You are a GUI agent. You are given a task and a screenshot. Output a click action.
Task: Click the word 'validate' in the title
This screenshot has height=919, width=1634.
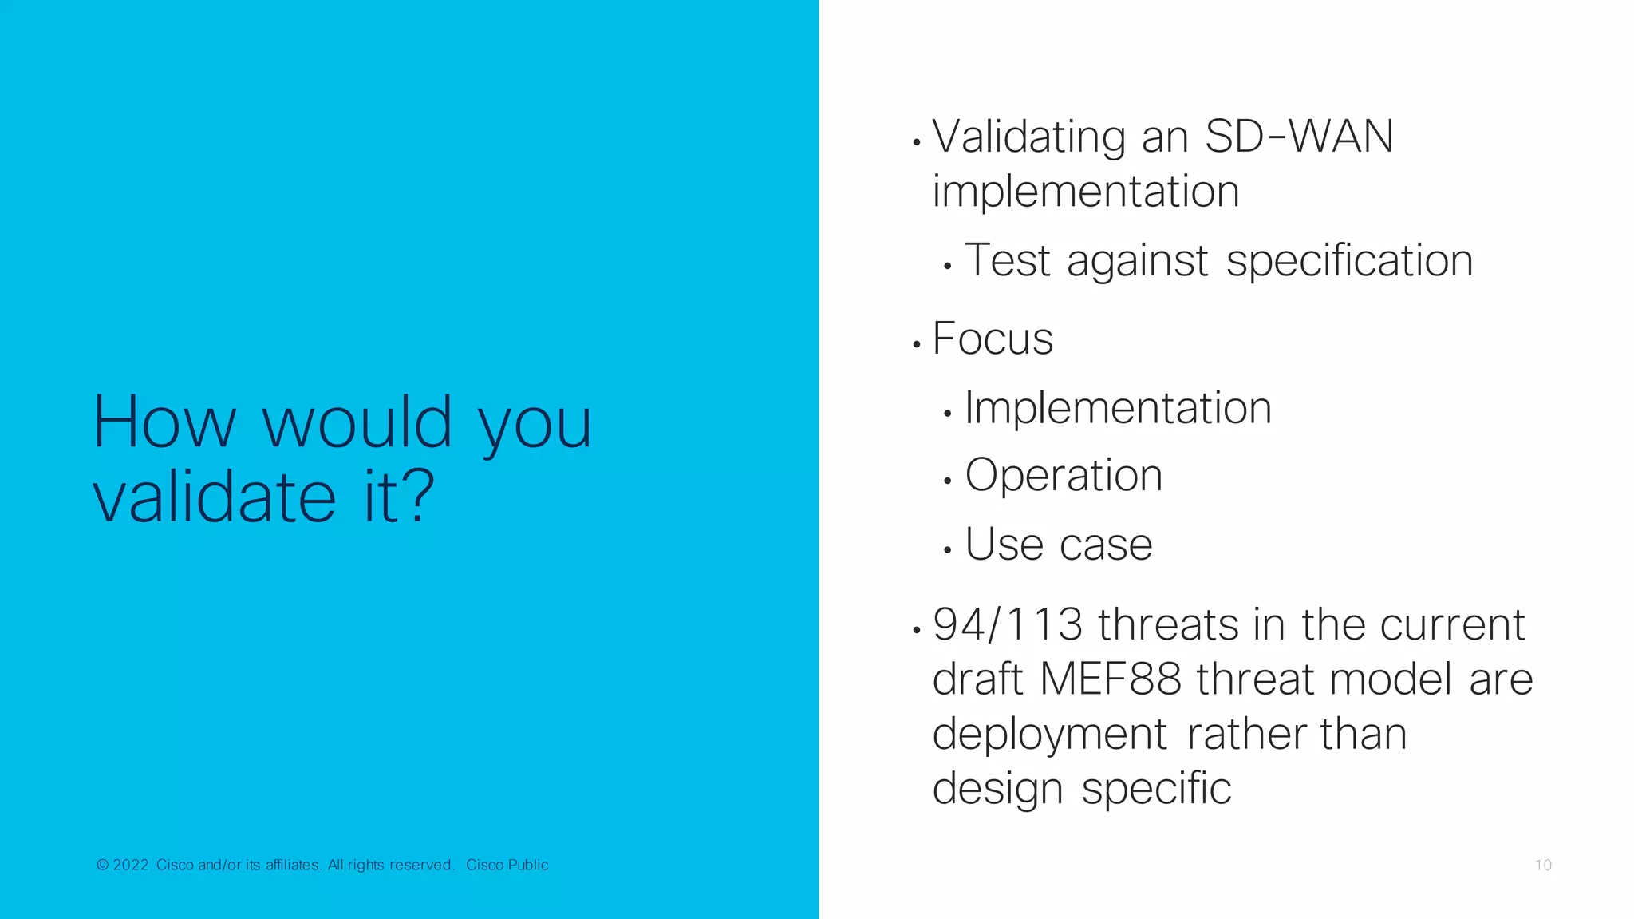(x=214, y=497)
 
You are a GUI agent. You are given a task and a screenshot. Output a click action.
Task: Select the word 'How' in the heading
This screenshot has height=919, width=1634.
(x=164, y=422)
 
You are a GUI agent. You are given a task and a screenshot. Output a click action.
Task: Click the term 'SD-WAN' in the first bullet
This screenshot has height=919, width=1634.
(x=1299, y=137)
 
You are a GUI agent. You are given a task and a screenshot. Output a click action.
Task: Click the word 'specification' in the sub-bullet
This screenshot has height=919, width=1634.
(x=1349, y=261)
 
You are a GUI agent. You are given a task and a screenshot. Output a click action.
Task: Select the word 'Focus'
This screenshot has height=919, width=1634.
(x=993, y=339)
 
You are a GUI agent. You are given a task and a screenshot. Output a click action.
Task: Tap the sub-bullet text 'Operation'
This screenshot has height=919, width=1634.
(x=1064, y=476)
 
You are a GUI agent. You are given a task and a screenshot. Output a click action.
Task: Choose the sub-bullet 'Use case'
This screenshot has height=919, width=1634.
(x=1059, y=545)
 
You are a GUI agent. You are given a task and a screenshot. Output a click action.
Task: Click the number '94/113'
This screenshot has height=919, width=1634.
(x=1008, y=624)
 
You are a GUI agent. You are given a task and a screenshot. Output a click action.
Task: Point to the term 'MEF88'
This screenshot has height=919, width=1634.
(x=1110, y=679)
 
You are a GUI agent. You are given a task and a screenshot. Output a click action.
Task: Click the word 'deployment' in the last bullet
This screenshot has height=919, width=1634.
(x=1049, y=735)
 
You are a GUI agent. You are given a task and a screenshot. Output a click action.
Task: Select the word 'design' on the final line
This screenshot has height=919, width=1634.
(x=997, y=789)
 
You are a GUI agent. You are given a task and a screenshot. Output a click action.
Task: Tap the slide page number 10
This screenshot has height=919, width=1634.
(x=1543, y=866)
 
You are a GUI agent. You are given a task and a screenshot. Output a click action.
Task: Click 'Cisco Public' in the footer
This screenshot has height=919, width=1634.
(x=507, y=865)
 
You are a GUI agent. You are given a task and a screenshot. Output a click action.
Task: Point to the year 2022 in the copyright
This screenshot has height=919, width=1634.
(x=131, y=865)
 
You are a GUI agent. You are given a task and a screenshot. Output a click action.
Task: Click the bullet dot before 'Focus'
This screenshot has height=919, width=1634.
(x=917, y=344)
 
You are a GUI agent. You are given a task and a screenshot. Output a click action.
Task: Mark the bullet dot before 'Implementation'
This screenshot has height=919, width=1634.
(x=947, y=414)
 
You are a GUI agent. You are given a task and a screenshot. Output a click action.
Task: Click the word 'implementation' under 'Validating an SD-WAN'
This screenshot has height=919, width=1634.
(x=1085, y=192)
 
